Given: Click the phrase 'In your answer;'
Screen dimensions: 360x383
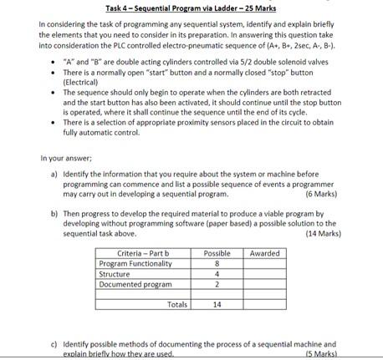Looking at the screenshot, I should point(68,159).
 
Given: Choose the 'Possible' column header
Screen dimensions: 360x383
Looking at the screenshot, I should point(217,253).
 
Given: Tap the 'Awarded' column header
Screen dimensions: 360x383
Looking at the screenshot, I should point(265,253).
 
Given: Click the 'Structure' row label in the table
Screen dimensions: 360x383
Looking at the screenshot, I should point(115,274).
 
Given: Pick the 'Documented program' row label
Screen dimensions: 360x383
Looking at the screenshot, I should point(131,285).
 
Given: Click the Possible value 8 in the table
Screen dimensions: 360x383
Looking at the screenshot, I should point(217,264).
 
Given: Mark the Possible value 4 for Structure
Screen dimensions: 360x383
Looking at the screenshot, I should point(217,274).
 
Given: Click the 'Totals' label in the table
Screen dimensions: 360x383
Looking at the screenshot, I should point(177,306).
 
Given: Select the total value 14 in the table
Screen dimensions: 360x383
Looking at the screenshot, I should point(217,306).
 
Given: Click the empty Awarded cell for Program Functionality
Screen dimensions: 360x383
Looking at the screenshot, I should point(265,264).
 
